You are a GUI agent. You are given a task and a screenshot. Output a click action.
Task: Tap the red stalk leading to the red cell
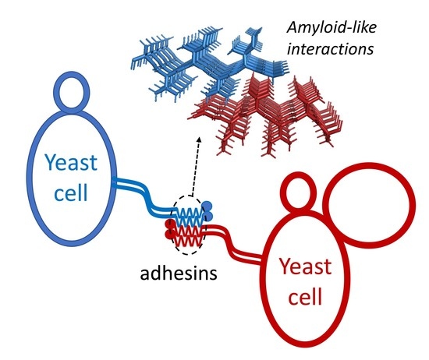[242, 238]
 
